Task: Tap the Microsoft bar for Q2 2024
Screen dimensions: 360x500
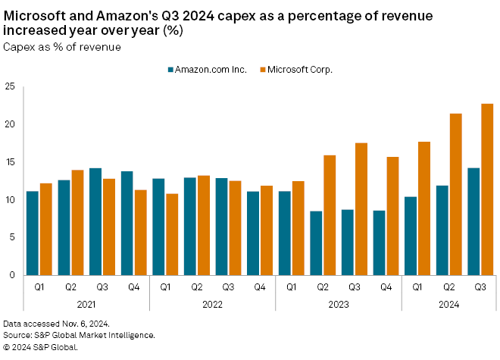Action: (x=455, y=194)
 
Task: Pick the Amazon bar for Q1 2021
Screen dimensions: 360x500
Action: (x=32, y=233)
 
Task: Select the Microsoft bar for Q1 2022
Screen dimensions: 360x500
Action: (x=172, y=234)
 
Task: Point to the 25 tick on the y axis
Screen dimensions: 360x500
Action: (x=10, y=86)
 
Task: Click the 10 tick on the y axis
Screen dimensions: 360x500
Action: (x=10, y=199)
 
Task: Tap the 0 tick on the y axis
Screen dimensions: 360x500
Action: (x=12, y=275)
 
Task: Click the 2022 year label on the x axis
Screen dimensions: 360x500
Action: (x=212, y=304)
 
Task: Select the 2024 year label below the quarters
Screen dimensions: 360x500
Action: (x=448, y=304)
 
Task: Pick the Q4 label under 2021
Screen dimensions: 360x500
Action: (x=133, y=287)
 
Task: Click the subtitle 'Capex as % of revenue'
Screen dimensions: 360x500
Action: (x=62, y=47)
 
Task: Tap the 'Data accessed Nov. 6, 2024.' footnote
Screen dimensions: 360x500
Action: (x=57, y=324)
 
